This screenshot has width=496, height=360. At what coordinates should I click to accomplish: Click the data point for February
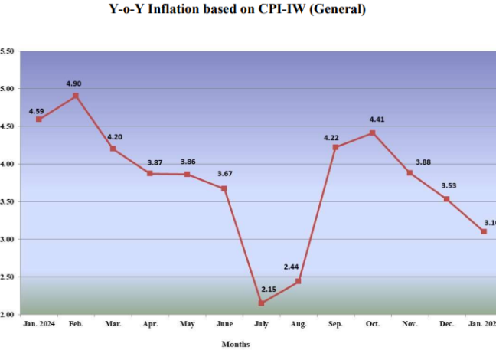[76, 96]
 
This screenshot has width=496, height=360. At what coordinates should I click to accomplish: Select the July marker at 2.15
[261, 303]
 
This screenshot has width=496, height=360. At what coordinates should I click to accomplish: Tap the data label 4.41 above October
[378, 119]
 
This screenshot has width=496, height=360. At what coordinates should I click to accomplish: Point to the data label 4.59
[37, 111]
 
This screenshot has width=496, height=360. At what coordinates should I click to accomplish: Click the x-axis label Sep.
[335, 325]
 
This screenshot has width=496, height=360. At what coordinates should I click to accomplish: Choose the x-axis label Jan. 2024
[39, 325]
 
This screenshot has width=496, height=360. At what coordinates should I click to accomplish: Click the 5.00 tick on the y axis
[7, 89]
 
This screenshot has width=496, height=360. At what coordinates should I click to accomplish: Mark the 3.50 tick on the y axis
[7, 201]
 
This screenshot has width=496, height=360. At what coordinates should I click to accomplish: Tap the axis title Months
[235, 344]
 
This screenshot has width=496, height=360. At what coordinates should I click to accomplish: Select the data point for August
[298, 281]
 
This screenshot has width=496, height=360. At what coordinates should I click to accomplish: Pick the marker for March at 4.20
[113, 149]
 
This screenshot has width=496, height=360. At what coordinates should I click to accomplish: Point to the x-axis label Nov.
[410, 325]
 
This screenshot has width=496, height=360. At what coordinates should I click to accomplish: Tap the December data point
[446, 199]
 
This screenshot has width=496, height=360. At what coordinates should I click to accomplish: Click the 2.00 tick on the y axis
[7, 314]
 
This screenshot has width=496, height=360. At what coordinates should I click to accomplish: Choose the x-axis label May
[187, 325]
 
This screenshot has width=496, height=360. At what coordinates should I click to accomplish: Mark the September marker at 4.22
[335, 147]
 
